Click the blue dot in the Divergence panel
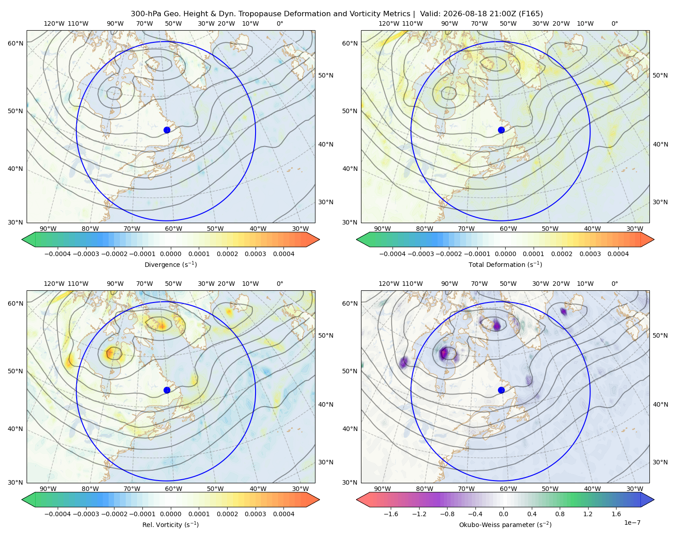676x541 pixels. click(167, 130)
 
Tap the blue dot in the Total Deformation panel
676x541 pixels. click(501, 130)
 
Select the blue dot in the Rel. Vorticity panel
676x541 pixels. click(167, 390)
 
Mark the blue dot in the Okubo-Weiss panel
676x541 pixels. click(501, 390)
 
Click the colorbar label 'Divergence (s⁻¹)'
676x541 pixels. click(170, 264)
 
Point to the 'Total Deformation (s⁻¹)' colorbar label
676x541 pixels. click(505, 264)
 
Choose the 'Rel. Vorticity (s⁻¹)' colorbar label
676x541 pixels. click(170, 524)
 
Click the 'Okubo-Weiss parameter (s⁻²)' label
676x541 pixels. click(505, 524)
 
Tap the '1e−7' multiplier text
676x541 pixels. click(632, 523)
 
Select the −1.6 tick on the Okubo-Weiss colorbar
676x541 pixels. click(391, 514)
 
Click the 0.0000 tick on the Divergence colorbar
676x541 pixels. click(170, 254)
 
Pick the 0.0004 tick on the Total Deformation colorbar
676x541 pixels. click(618, 254)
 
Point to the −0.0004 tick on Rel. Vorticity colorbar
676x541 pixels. click(58, 514)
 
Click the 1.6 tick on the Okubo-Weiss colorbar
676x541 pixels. click(616, 514)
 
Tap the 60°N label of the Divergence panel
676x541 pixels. click(15, 43)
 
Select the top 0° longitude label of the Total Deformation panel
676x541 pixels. click(614, 23)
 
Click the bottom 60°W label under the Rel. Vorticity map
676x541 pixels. click(174, 489)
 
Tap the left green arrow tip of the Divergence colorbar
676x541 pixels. click(22, 239)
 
